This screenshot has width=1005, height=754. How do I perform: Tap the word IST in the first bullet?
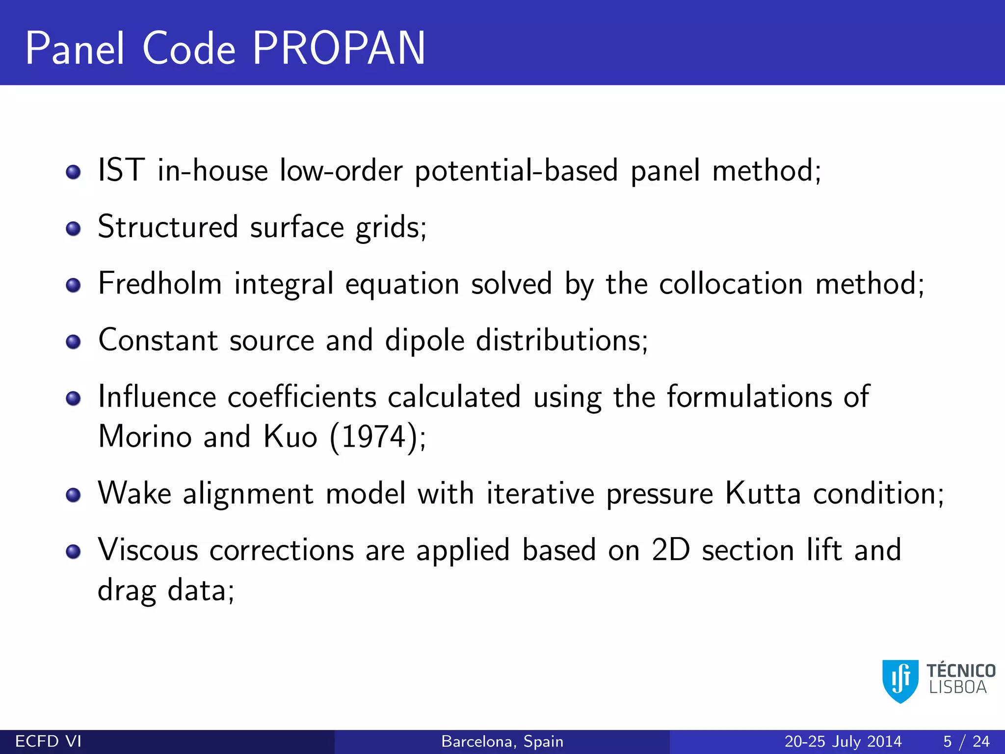(x=121, y=170)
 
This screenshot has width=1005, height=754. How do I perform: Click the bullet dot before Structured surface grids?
(x=73, y=228)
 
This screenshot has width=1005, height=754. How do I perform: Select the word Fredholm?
(x=160, y=284)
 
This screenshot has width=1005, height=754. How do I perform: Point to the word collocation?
(x=731, y=284)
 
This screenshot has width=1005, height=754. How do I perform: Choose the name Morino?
(x=145, y=436)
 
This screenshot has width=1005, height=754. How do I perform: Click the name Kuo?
(x=290, y=436)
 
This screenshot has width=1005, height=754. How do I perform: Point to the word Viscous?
(x=148, y=550)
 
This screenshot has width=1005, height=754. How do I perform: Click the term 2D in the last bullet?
(x=671, y=550)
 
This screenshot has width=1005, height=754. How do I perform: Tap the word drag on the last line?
(x=127, y=590)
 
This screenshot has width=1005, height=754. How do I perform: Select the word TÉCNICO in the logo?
(x=960, y=671)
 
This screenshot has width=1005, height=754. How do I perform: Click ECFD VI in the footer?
(x=48, y=741)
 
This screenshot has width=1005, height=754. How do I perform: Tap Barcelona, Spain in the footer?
(x=502, y=741)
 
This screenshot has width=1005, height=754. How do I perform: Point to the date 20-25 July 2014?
(x=843, y=741)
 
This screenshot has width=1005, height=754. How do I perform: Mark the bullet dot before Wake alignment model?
(x=73, y=495)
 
